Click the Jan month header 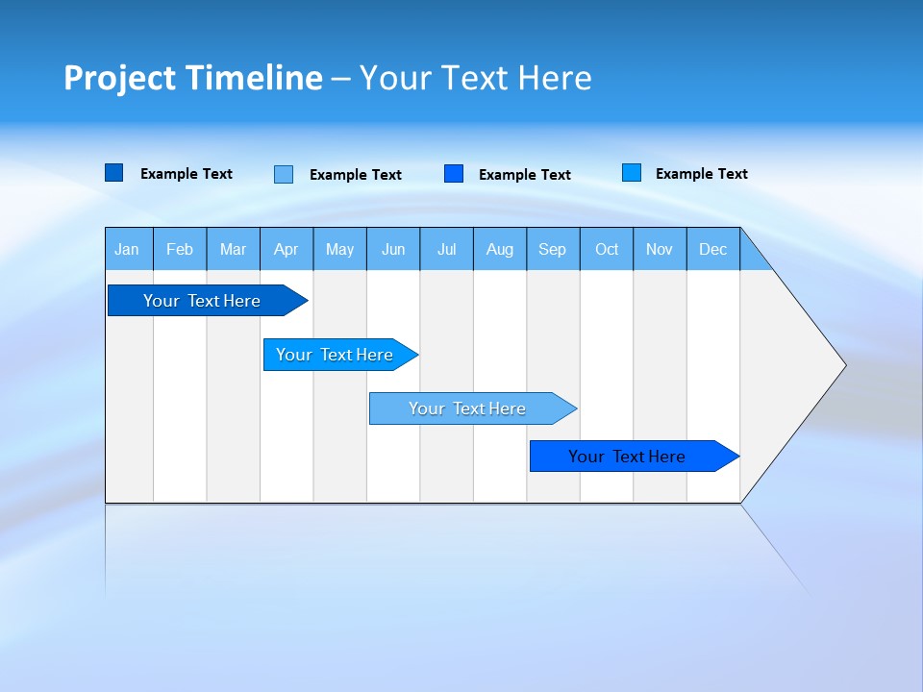[x=128, y=249]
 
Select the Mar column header [x=233, y=249]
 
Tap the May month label [x=339, y=249]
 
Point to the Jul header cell [x=446, y=249]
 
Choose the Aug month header [x=500, y=249]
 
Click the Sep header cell [x=553, y=249]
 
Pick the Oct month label [x=607, y=249]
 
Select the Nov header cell [x=660, y=249]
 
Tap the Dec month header [x=713, y=249]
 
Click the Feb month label [x=180, y=249]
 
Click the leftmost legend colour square [x=114, y=173]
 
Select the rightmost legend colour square [x=632, y=173]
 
